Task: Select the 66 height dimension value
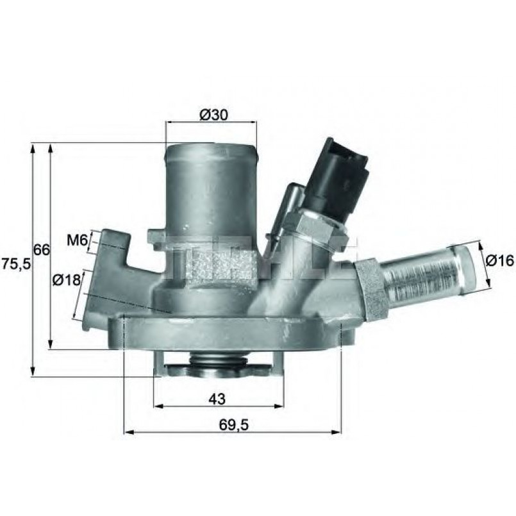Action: point(42,250)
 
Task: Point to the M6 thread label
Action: point(77,240)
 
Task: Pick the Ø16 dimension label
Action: point(500,261)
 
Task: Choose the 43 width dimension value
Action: point(217,399)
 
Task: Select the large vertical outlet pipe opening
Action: point(211,153)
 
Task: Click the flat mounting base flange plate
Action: point(231,333)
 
